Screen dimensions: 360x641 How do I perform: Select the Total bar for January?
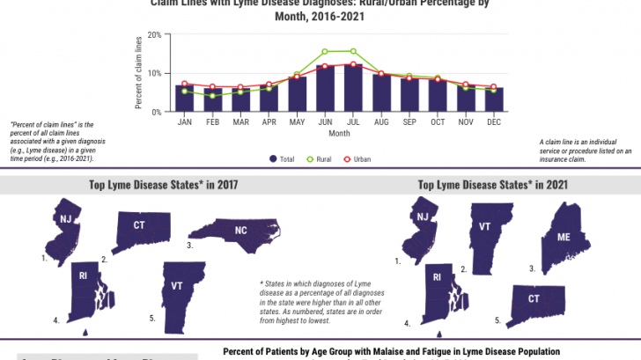tap(185, 99)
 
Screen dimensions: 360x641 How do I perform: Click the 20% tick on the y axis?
tap(154, 35)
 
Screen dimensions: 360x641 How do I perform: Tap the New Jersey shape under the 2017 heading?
tap(64, 227)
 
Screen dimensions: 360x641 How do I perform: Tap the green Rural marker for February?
tap(212, 95)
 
